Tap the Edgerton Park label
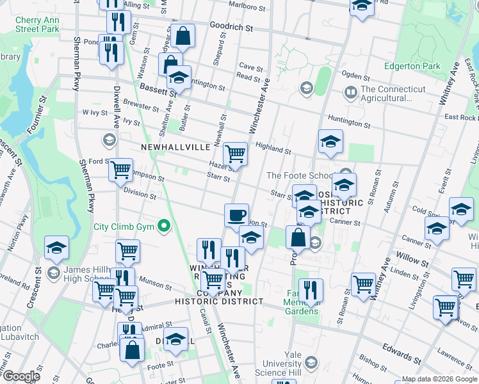[x=412, y=66]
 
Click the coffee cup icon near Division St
[x=236, y=214]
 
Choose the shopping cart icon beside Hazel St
[x=235, y=154]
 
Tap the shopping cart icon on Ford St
[x=120, y=170]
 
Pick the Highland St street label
[x=273, y=148]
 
